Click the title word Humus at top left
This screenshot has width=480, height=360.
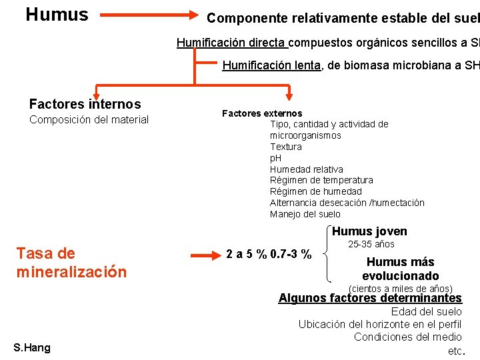coord(57,15)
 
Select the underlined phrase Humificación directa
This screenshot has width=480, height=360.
coord(231,43)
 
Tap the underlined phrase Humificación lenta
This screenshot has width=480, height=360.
coord(271,65)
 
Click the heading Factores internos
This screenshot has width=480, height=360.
coord(85,104)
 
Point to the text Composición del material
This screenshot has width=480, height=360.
coord(89,120)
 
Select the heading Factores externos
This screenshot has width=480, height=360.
coord(261,113)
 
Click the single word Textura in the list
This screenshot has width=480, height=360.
coord(285,147)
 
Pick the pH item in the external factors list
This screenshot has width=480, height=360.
coord(275,158)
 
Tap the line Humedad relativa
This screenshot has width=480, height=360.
coord(306,169)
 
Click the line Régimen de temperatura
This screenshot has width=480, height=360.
coord(321,180)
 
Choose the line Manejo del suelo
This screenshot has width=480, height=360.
coord(305,214)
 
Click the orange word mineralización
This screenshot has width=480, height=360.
coord(71,272)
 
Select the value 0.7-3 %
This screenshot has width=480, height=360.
coord(291,255)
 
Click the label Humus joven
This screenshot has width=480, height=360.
coord(369,231)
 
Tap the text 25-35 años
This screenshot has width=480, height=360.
coord(371,245)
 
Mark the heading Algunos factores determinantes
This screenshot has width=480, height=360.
coord(369,298)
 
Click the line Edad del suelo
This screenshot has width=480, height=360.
coord(426,312)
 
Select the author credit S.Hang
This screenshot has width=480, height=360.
coord(31,347)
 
